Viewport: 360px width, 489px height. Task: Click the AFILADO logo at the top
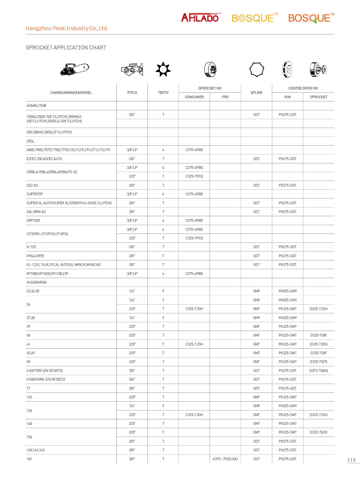pos(200,18)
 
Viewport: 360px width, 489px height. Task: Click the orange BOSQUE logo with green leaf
pos(311,18)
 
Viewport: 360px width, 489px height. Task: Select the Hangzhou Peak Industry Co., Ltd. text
pos(67,28)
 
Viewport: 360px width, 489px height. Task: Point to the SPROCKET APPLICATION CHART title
pos(66,48)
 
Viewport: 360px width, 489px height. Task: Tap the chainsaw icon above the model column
pos(74,69)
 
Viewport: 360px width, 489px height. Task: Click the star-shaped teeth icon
pos(163,69)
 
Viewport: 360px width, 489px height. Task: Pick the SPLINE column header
pos(256,93)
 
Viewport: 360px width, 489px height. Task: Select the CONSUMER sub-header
pos(194,97)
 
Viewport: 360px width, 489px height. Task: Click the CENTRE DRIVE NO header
pos(303,88)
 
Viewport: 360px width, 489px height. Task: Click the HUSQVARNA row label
pos(37,282)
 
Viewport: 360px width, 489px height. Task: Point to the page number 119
pos(351,460)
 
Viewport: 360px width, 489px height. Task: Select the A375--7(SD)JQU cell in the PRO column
pos(225,459)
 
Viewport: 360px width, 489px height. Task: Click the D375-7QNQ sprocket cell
pos(318,371)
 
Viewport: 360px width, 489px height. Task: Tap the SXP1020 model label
pos(33,221)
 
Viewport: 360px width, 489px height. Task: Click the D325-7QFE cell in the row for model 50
pos(318,362)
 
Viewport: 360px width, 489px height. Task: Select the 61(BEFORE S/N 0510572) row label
pos(46,379)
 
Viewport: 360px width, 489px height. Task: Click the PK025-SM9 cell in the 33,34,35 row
pos(287,291)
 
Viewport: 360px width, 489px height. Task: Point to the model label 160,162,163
pos(36,450)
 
